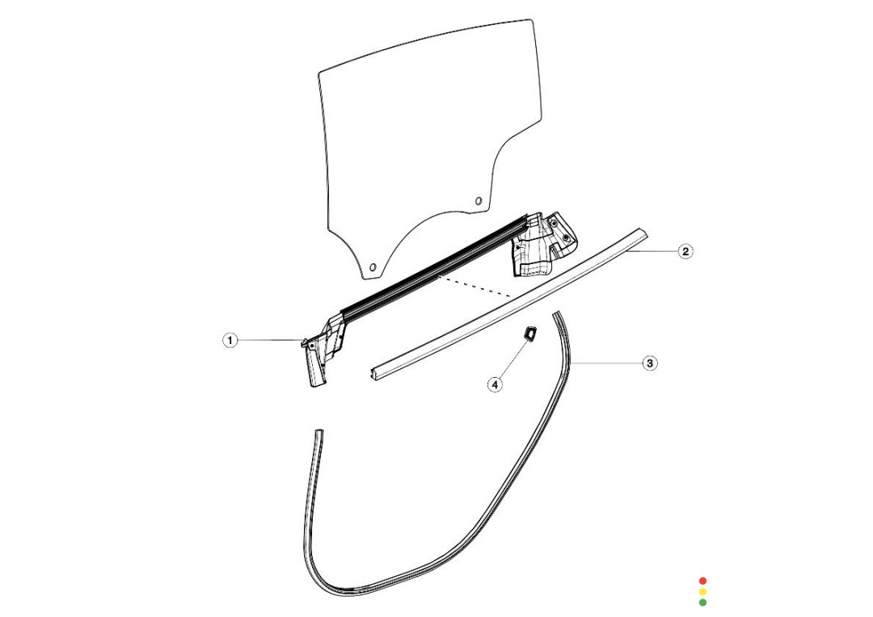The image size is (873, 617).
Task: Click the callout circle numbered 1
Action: (x=230, y=340)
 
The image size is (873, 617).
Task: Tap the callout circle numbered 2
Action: (x=685, y=251)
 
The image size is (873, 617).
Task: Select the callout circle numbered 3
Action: (x=650, y=363)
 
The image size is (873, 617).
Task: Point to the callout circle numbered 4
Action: (x=495, y=384)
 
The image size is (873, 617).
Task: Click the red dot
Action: (x=702, y=581)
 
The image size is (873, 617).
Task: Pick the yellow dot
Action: (x=702, y=591)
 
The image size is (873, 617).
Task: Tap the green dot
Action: (x=702, y=602)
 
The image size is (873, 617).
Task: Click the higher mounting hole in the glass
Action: (x=478, y=201)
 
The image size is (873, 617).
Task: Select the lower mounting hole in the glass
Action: (x=373, y=267)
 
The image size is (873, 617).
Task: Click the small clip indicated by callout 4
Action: (x=529, y=334)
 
